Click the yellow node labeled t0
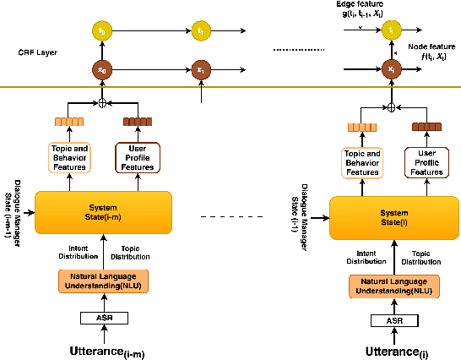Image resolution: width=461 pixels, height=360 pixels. point(80,30)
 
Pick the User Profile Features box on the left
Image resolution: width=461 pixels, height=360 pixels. point(137,156)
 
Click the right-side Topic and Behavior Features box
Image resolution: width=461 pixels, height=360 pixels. point(361,162)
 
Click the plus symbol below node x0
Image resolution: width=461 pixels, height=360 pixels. point(80,103)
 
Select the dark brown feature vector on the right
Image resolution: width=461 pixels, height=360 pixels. point(426,127)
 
